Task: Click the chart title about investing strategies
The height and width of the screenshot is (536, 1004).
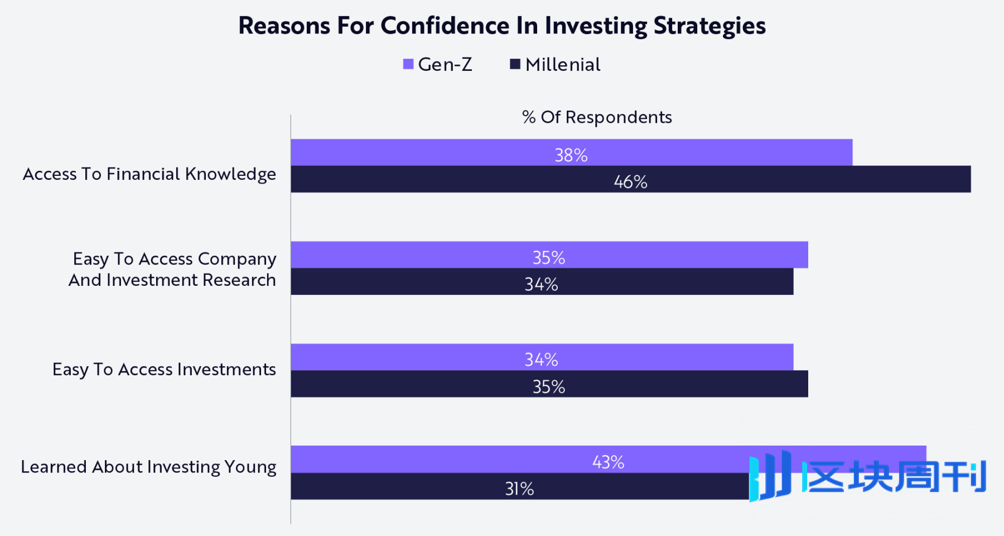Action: click(x=502, y=26)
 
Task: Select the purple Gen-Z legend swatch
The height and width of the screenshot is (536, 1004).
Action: click(x=408, y=64)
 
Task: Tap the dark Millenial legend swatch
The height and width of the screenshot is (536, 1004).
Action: click(x=515, y=64)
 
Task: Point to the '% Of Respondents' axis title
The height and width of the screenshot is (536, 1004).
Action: click(x=597, y=117)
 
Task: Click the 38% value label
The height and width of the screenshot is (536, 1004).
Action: click(x=571, y=155)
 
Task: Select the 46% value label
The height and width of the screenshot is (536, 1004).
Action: click(x=630, y=182)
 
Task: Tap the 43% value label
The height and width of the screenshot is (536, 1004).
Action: click(x=608, y=462)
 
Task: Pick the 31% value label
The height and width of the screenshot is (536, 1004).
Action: click(x=519, y=489)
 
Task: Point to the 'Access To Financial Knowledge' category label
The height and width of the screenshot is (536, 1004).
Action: click(x=149, y=174)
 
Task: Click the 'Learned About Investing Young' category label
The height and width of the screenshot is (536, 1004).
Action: click(x=148, y=467)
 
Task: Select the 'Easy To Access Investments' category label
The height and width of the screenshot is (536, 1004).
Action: click(x=164, y=370)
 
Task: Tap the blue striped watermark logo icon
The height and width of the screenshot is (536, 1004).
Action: click(x=770, y=476)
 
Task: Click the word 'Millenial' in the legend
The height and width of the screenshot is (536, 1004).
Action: click(x=563, y=65)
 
